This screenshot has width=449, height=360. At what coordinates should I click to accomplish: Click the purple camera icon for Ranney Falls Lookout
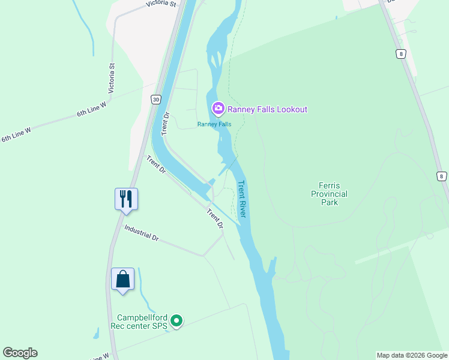tap(218, 109)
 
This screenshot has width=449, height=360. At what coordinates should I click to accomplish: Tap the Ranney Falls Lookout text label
tap(267, 109)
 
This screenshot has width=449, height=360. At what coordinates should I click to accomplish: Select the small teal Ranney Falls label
tap(214, 124)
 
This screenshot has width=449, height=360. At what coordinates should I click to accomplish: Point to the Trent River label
tap(243, 199)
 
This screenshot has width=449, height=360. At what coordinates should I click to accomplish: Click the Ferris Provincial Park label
tap(329, 194)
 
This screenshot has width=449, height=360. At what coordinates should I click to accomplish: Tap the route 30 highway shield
tap(156, 99)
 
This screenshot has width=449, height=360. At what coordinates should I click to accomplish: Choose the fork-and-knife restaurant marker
tap(126, 199)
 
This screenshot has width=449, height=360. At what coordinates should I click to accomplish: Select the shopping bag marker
tap(123, 280)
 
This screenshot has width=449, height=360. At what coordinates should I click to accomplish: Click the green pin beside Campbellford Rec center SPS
tap(176, 322)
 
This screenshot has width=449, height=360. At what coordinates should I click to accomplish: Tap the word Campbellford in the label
tap(141, 317)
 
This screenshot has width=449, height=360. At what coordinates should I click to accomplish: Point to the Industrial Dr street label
tap(141, 233)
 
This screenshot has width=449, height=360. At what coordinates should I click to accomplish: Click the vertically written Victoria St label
tap(111, 78)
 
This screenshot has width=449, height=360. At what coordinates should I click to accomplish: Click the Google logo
tap(20, 353)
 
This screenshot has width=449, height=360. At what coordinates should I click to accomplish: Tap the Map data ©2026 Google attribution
tap(412, 355)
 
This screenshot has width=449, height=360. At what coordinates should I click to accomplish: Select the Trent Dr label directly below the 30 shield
tap(166, 123)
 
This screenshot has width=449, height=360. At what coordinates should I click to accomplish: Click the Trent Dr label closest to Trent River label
tap(215, 218)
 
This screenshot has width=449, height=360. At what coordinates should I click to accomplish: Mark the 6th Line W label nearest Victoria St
tap(91, 109)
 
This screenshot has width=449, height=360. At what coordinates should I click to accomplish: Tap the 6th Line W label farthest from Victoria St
tap(16, 134)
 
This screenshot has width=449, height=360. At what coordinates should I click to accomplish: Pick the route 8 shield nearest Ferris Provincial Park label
tap(442, 176)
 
